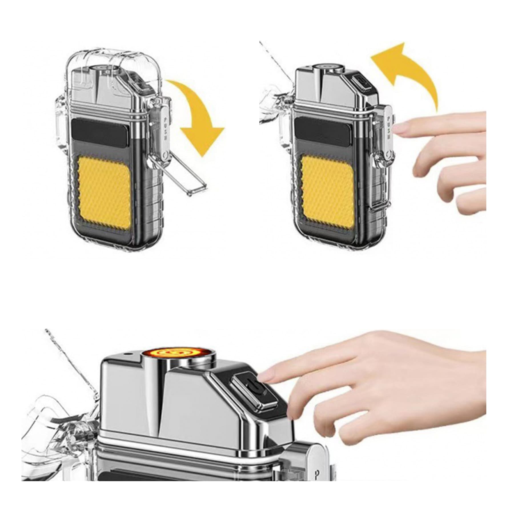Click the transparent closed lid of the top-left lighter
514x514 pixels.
(114, 66)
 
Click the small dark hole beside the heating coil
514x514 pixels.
(128, 355)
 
